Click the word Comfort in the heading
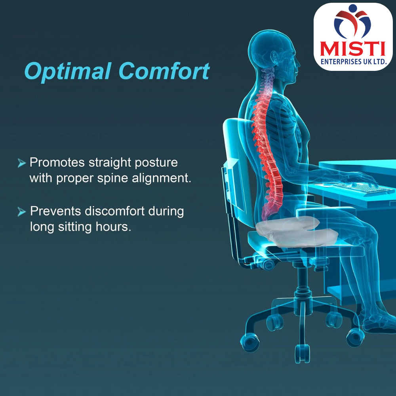(x=164, y=72)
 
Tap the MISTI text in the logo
(x=352, y=49)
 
